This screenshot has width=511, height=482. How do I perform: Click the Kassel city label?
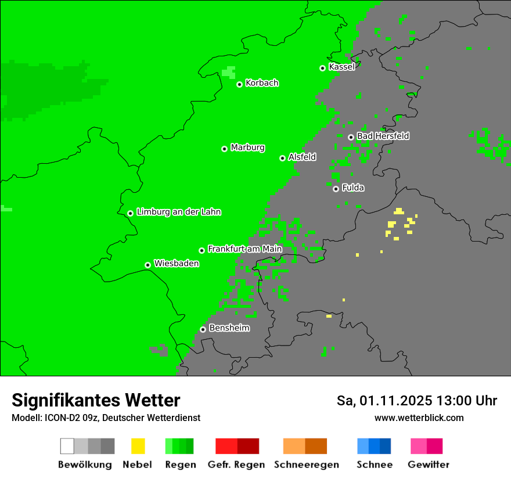click(341, 67)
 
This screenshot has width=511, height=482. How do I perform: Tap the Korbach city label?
click(262, 83)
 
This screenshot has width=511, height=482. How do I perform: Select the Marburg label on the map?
click(247, 148)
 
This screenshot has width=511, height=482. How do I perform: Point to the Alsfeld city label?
click(302, 157)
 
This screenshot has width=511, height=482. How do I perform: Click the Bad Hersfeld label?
click(383, 136)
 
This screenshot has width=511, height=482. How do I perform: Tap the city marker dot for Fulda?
click(336, 189)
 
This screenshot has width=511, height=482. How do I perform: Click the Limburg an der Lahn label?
click(178, 212)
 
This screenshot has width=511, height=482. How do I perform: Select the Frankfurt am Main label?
click(244, 249)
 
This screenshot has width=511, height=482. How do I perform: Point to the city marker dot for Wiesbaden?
click(148, 265)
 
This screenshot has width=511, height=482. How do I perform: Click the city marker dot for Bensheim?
click(203, 329)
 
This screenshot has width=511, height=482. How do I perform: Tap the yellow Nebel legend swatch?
click(138, 446)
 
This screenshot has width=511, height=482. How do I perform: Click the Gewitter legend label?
click(428, 465)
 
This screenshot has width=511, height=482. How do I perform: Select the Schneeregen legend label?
click(306, 465)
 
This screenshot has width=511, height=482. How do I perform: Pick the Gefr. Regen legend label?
click(236, 465)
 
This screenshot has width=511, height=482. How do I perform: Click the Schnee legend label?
click(374, 465)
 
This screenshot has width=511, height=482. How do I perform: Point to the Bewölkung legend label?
click(85, 465)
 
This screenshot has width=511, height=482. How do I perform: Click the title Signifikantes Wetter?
click(96, 401)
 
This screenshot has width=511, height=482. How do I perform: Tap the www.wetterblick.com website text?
click(419, 418)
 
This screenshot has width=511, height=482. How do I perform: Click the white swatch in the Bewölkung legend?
click(67, 446)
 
